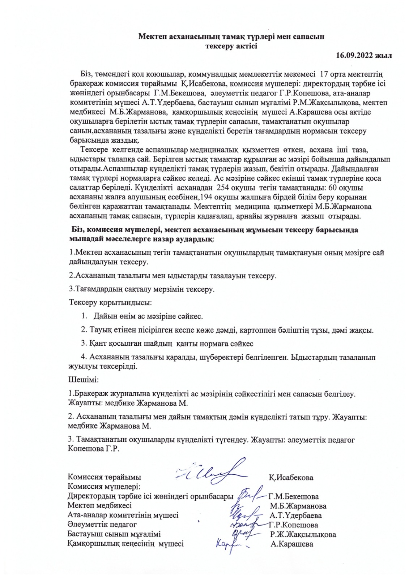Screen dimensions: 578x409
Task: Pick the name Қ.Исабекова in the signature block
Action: click(x=291, y=477)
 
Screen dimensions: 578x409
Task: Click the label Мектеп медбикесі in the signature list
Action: click(x=99, y=505)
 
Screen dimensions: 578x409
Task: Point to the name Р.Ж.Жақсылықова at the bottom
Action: click(x=303, y=534)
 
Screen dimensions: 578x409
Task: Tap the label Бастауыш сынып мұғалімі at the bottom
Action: click(x=114, y=534)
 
